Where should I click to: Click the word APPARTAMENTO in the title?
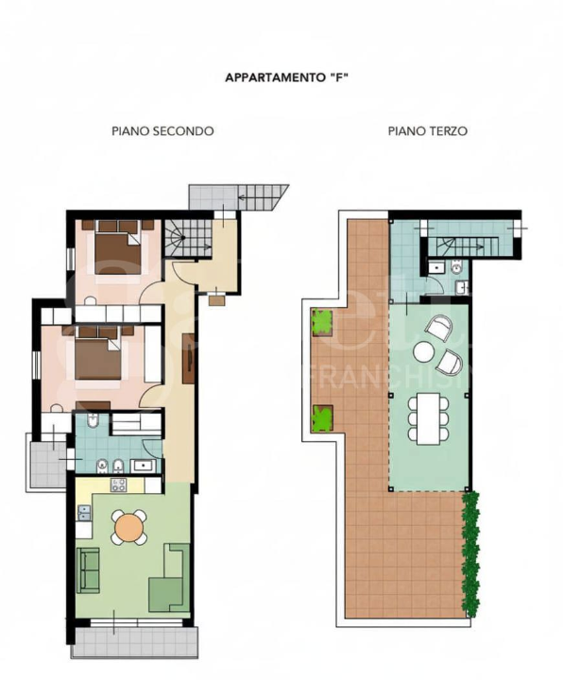269,78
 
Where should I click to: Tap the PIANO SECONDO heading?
162,131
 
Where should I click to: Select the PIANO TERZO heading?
427,131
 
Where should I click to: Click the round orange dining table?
129,527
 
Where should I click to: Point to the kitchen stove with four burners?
120,485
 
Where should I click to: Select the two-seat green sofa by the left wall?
88,569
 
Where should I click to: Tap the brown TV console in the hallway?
188,358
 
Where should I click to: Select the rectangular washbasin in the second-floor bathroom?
145,464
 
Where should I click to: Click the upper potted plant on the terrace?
324,324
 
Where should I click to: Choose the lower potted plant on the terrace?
324,416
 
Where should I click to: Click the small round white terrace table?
424,352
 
